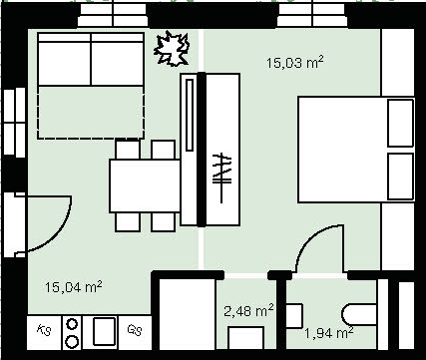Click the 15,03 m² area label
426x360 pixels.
295,63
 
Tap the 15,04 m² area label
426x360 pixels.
73,287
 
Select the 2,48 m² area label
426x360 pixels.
249,310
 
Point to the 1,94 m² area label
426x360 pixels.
328,333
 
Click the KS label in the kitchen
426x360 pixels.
44,330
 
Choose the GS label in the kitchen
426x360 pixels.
135,330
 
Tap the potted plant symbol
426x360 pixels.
172,49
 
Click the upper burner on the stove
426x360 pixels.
72,324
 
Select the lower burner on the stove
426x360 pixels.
72,341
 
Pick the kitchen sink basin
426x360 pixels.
104,331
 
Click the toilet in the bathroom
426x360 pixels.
359,314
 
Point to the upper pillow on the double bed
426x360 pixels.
401,123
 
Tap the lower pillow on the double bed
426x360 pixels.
401,177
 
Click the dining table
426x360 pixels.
145,185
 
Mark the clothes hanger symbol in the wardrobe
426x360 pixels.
221,178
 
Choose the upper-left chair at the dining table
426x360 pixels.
128,150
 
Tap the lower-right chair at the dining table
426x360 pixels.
163,222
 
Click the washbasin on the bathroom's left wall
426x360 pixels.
294,315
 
